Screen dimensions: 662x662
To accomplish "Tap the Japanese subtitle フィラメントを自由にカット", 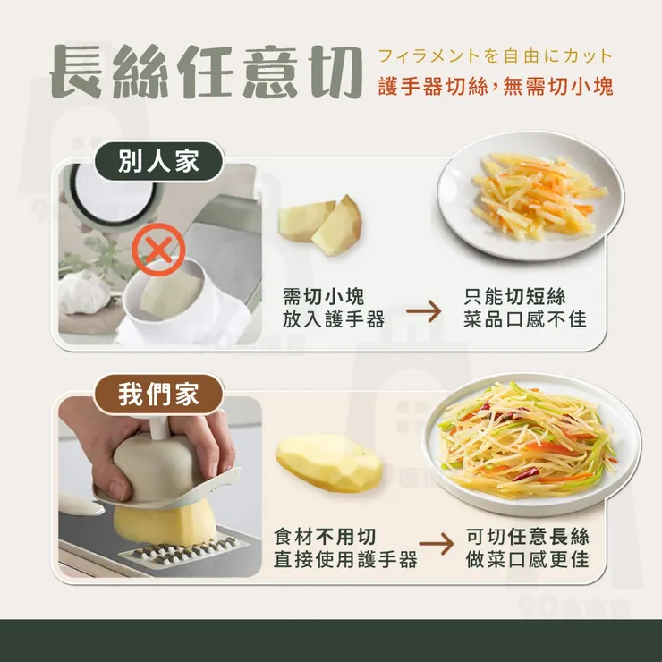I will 495,56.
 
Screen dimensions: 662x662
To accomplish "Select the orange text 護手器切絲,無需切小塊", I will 495,88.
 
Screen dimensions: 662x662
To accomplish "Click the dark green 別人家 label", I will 158,162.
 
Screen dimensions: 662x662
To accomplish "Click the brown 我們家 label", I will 158,395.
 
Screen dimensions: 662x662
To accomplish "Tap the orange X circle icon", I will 158,250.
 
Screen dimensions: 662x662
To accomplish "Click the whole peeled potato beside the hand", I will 327,461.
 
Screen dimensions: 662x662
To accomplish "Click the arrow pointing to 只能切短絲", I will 424,311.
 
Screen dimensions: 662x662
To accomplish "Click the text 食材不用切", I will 325,537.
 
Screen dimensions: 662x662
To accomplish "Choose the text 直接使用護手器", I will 345,560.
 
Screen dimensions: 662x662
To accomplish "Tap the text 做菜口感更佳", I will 528,560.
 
